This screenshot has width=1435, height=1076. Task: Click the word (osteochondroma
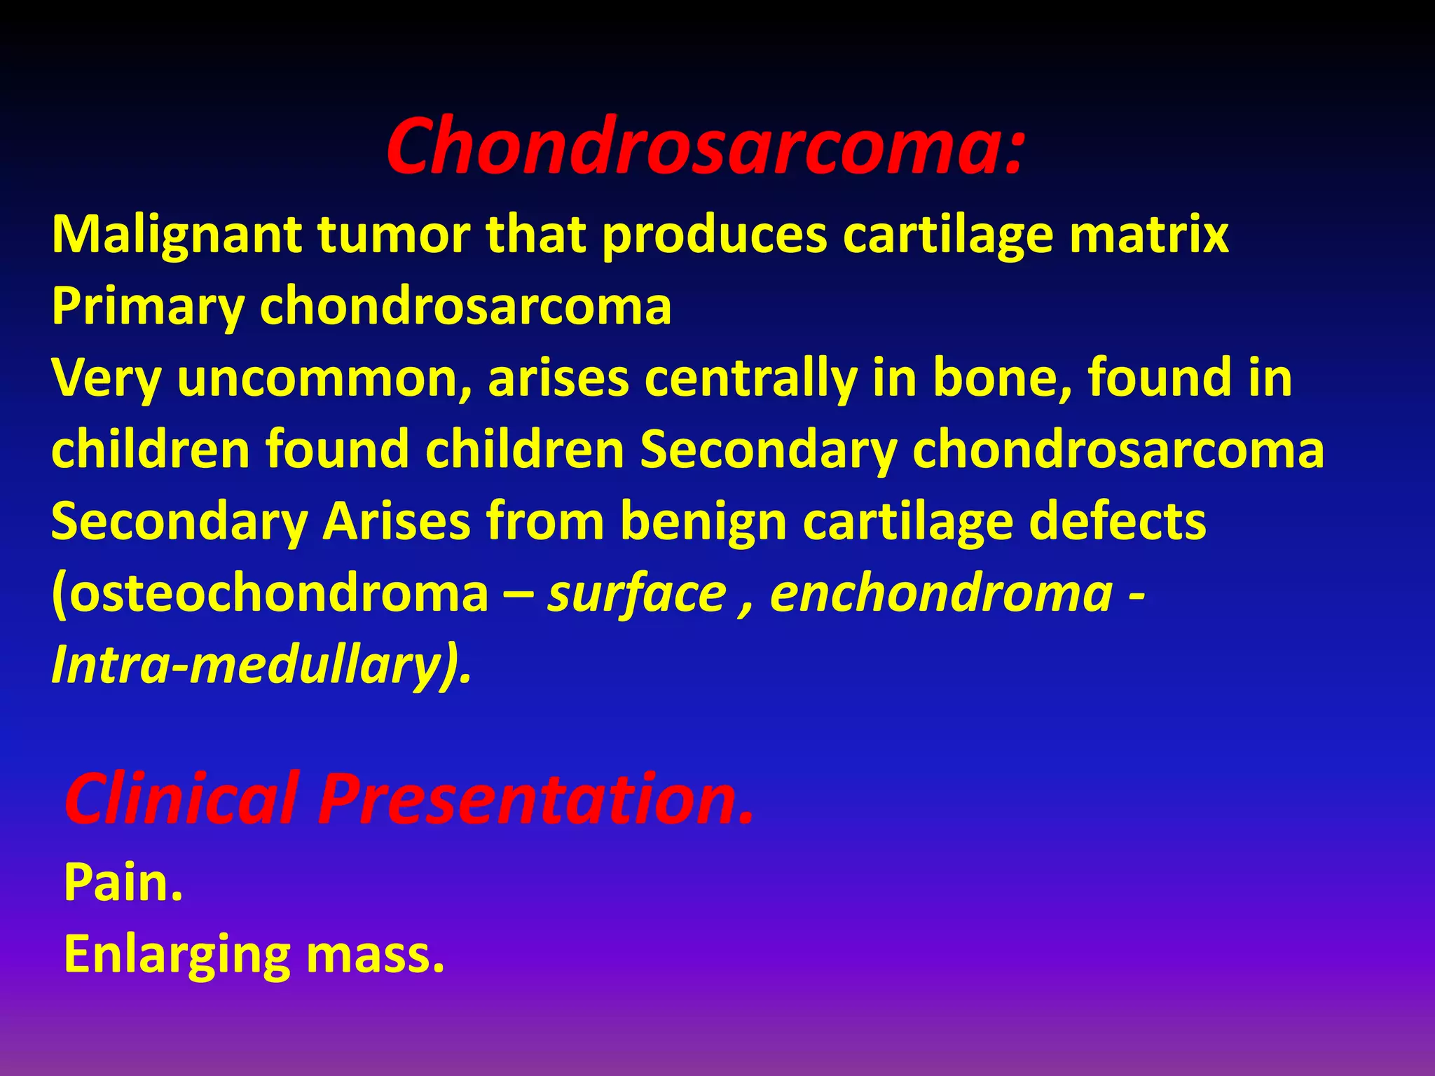pos(270,594)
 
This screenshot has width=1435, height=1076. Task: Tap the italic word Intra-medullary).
pos(261,665)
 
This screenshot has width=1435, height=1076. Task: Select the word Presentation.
pos(536,799)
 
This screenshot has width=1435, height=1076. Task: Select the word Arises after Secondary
pos(396,521)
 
